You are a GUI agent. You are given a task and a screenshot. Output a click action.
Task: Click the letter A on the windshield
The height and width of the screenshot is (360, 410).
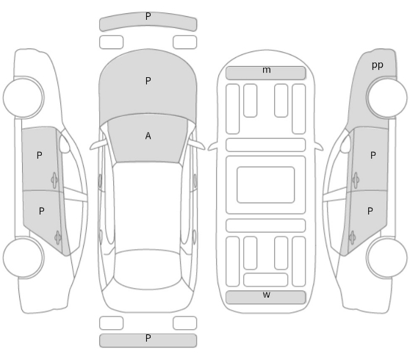[x=148, y=136]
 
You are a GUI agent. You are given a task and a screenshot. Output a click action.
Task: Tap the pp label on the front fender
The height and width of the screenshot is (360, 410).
[x=378, y=65]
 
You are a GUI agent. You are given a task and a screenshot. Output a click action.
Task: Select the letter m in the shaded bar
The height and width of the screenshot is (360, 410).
[x=266, y=70]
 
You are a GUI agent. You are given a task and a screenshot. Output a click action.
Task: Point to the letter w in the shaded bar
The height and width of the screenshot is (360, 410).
[x=266, y=295]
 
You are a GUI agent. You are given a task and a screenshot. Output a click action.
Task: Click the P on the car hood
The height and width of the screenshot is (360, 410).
[x=148, y=81]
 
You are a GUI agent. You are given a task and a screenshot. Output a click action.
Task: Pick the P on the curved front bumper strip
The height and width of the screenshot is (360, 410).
[x=148, y=16]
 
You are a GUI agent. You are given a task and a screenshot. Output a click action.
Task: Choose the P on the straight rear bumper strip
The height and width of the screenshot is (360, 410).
[x=148, y=338]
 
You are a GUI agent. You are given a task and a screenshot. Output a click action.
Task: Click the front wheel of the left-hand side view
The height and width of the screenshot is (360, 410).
[x=24, y=97]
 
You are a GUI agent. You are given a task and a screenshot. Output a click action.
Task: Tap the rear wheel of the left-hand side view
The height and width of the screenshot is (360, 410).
[x=24, y=258]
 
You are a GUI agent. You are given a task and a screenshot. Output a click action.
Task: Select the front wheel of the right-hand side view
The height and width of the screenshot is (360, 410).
[x=386, y=97]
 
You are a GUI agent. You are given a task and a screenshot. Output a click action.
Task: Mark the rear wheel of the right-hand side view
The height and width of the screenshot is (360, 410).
[x=386, y=258]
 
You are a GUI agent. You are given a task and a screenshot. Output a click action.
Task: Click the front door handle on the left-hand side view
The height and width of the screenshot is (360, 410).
[x=54, y=180]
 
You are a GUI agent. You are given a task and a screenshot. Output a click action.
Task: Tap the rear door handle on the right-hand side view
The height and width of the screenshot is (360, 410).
[x=352, y=238]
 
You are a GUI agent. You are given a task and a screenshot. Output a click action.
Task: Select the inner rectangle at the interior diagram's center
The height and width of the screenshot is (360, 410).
[x=266, y=184]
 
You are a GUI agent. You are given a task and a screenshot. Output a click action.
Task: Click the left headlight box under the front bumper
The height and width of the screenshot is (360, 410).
[x=111, y=42]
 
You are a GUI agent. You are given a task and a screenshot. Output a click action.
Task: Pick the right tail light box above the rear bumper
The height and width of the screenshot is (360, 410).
[x=184, y=323]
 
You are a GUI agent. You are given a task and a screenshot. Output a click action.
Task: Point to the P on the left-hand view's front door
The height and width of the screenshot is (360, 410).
[x=40, y=155]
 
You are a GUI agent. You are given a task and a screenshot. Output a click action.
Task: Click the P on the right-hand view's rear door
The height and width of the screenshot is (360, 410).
[x=370, y=211]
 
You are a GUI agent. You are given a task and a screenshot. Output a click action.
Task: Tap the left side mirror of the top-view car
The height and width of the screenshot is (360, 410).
[x=98, y=145]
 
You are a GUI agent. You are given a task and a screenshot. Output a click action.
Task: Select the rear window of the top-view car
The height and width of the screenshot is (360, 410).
[x=147, y=270]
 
